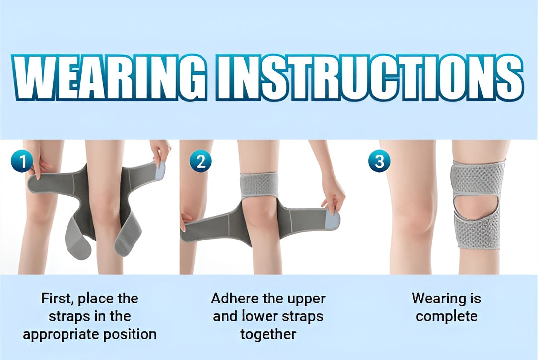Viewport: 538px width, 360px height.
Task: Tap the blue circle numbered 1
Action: point(22,161)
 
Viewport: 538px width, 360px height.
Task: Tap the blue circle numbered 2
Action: point(200,161)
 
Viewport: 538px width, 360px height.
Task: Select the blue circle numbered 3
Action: point(379,161)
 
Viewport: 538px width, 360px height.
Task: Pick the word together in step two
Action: point(268,334)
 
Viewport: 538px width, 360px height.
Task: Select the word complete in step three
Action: point(447,316)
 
